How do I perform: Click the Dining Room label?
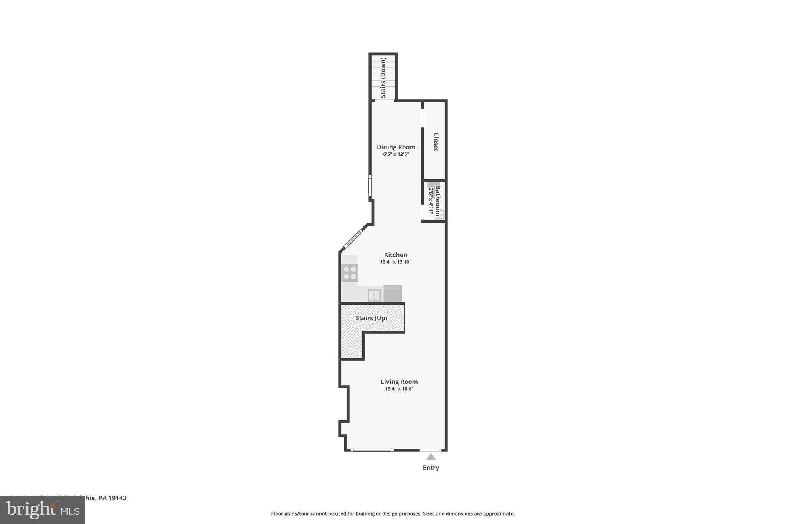pyautogui.click(x=396, y=147)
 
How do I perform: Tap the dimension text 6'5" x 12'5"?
pyautogui.click(x=396, y=154)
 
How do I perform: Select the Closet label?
pyautogui.click(x=436, y=142)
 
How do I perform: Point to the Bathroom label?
pyautogui.click(x=438, y=201)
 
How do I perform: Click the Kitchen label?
pyautogui.click(x=395, y=255)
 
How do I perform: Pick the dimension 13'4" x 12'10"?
pyautogui.click(x=395, y=262)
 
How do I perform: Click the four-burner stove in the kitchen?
pyautogui.click(x=350, y=273)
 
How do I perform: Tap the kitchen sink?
pyautogui.click(x=374, y=295)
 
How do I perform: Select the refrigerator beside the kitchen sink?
pyautogui.click(x=393, y=294)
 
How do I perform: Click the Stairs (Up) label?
pyautogui.click(x=371, y=318)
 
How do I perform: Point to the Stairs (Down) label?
pyautogui.click(x=383, y=78)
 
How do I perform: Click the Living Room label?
pyautogui.click(x=399, y=382)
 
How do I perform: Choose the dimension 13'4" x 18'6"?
pyautogui.click(x=399, y=389)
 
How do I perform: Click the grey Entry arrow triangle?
pyautogui.click(x=431, y=457)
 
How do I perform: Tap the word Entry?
pyautogui.click(x=431, y=468)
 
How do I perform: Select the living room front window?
pyautogui.click(x=372, y=450)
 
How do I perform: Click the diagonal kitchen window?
pyautogui.click(x=353, y=238)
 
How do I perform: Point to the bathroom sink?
pyautogui.click(x=441, y=214)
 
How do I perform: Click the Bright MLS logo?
pyautogui.click(x=42, y=510)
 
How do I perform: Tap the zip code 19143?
pyautogui.click(x=117, y=498)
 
